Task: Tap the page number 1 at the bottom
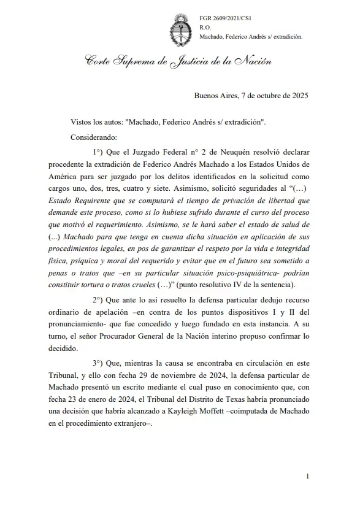[307, 476]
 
